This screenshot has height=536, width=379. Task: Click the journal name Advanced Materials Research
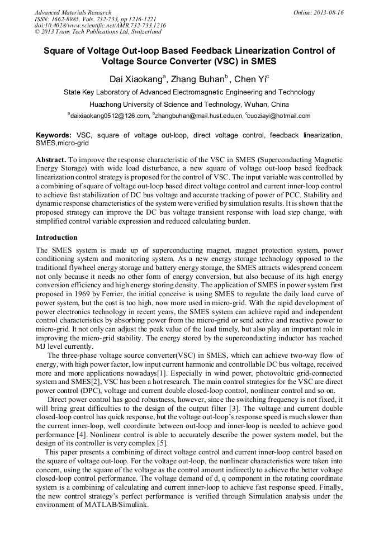tap(73, 12)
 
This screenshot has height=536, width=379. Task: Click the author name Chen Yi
tap(249, 79)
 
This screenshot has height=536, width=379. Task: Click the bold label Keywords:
tap(54, 135)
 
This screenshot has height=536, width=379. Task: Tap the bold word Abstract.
tap(51, 159)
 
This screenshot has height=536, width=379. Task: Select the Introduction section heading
tap(56, 238)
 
